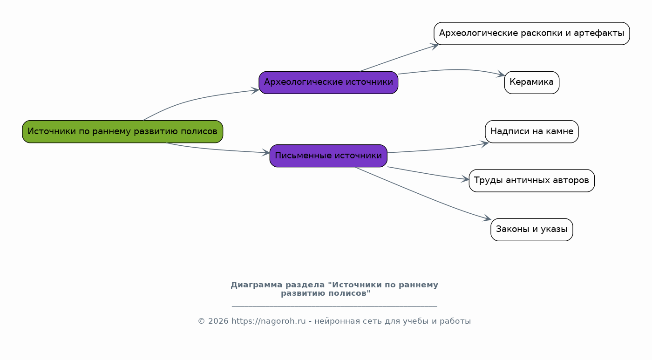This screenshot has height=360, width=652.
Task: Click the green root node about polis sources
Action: point(122,131)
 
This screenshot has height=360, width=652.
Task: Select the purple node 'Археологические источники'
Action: point(328,82)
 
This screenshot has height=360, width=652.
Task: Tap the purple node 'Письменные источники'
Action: point(328,156)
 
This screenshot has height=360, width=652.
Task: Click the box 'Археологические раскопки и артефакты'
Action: point(531,34)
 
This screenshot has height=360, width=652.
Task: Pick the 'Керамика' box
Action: point(531,82)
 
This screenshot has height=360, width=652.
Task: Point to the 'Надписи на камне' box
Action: point(531,131)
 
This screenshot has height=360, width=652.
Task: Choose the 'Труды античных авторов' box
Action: point(531,180)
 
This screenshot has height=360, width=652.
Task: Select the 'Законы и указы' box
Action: point(531,230)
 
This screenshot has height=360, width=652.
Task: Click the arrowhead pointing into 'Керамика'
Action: point(501,74)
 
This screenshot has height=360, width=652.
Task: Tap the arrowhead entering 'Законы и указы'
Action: point(487,218)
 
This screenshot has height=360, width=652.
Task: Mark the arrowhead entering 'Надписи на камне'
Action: point(485,144)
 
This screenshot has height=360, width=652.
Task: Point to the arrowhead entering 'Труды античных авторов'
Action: point(465,179)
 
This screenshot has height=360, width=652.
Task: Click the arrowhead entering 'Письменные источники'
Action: point(266,152)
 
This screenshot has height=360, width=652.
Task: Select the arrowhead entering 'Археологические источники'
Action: point(255,90)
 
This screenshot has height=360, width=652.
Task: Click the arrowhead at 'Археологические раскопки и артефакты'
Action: point(435,46)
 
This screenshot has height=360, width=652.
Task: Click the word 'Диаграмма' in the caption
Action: point(256,285)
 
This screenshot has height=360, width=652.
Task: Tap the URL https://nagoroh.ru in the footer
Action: point(268,321)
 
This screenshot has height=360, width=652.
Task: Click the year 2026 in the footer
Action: point(218,321)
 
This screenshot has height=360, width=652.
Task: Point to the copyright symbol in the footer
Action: point(201,321)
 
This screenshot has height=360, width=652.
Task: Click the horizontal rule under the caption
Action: point(334,306)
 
